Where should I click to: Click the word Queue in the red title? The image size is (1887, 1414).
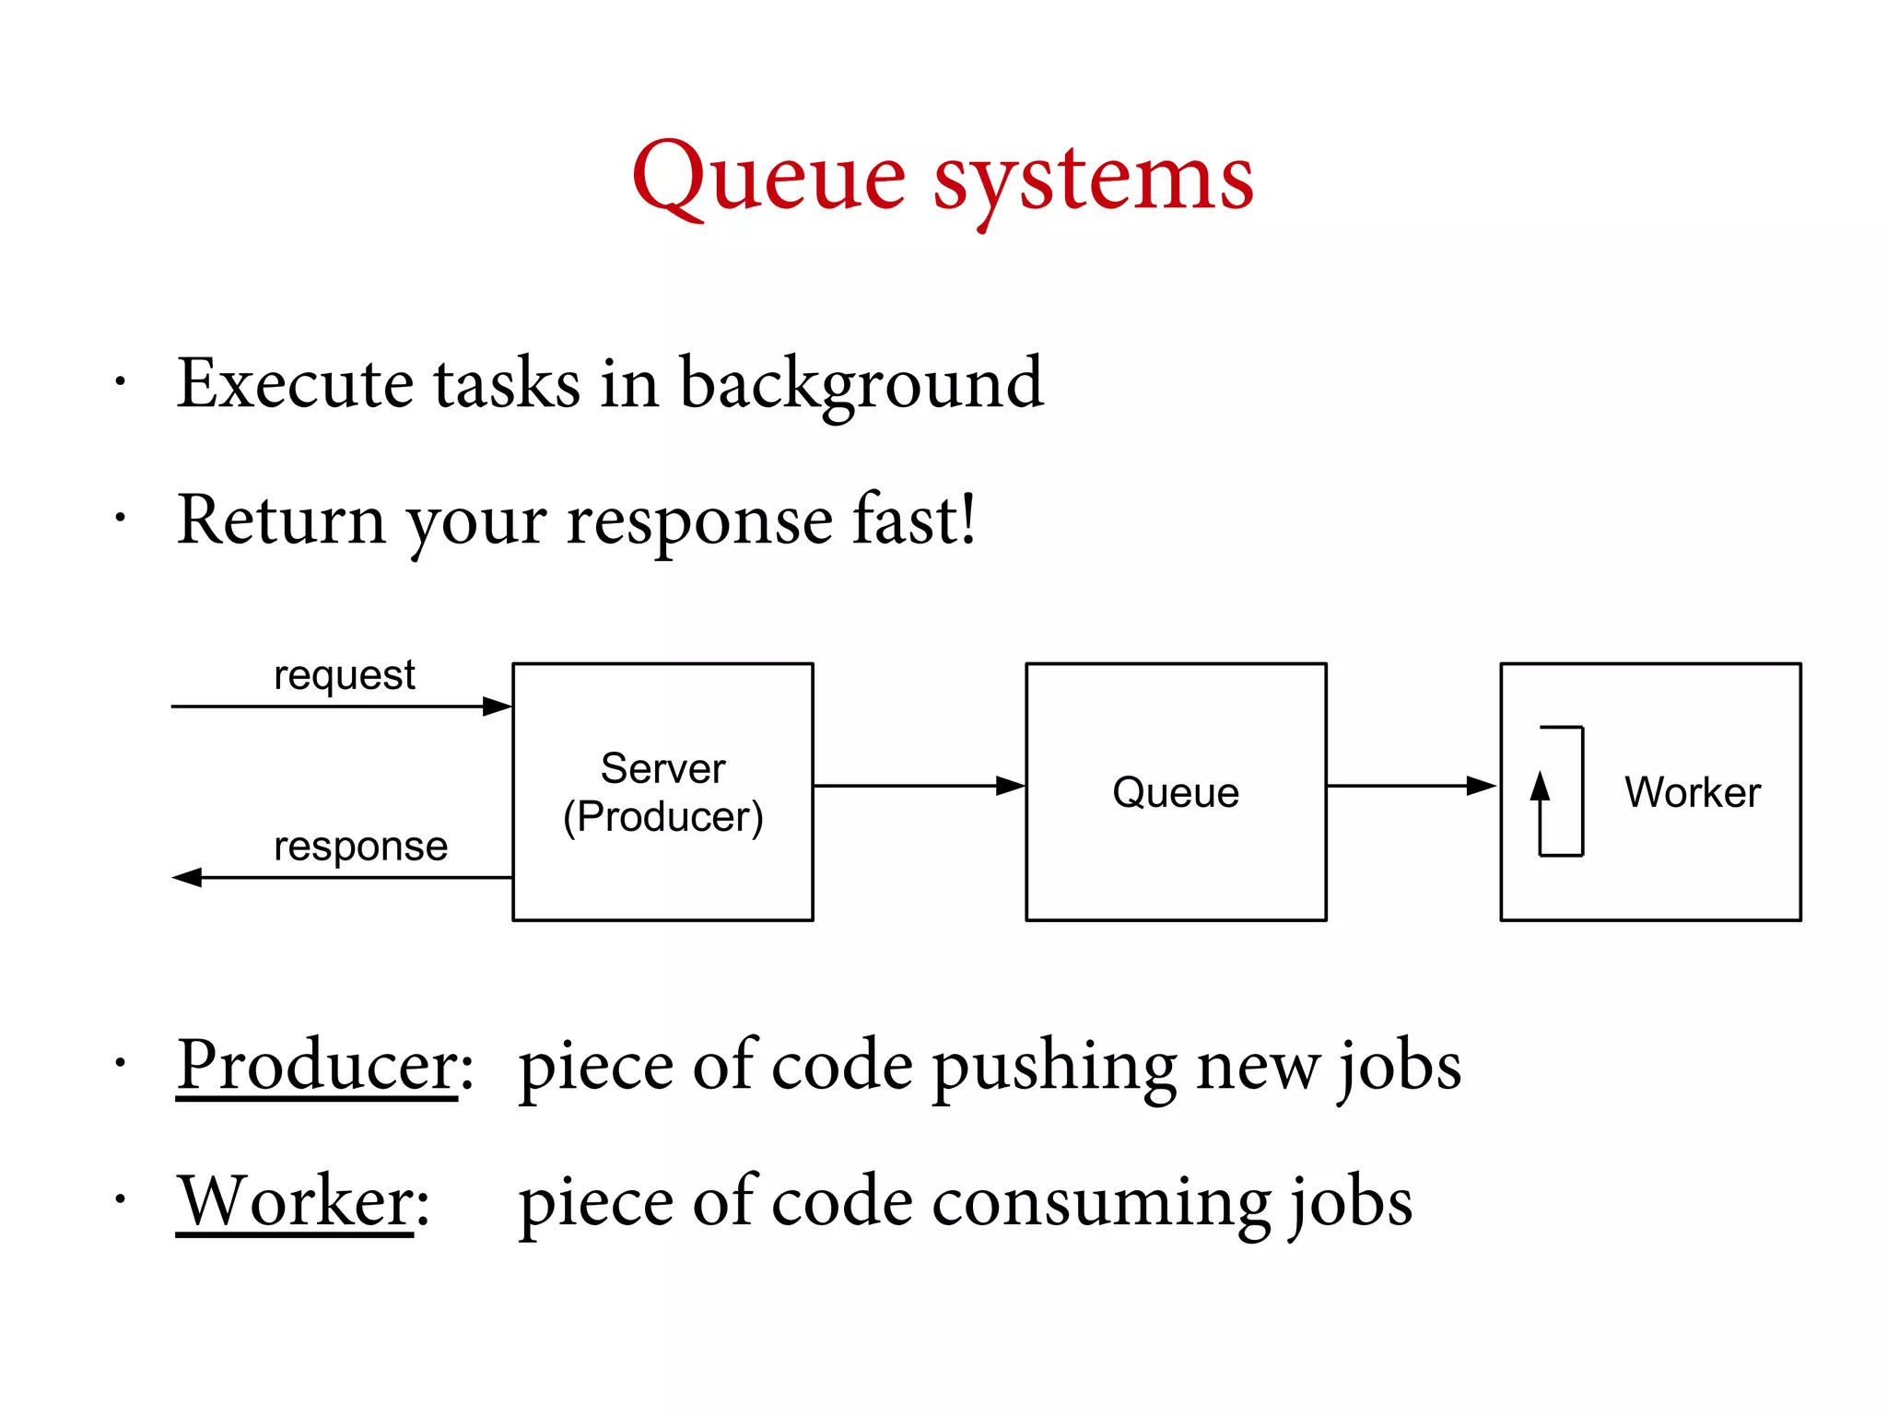(768, 177)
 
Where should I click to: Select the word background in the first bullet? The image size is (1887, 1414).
(861, 384)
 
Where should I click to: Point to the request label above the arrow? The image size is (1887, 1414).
(345, 675)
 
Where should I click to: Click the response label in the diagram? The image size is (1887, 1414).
(360, 846)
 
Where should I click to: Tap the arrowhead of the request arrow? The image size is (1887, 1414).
(498, 707)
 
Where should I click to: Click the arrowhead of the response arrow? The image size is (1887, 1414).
(187, 877)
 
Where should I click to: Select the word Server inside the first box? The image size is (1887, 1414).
(662, 768)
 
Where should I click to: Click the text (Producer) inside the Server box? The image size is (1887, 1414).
(662, 816)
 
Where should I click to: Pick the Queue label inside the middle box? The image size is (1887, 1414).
(1175, 792)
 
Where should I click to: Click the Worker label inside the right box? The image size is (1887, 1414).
(1692, 792)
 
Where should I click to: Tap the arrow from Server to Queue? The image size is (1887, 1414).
(919, 786)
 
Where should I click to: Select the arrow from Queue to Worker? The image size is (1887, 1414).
(1410, 786)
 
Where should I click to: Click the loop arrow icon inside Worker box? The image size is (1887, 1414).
(1561, 791)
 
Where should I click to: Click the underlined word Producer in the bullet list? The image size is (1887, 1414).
(316, 1065)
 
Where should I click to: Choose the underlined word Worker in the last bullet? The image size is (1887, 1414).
(295, 1201)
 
